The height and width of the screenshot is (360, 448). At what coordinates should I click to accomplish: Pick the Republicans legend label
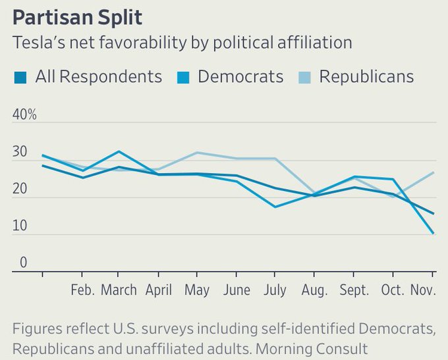tap(366, 77)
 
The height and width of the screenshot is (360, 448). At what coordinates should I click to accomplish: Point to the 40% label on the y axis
tap(24, 115)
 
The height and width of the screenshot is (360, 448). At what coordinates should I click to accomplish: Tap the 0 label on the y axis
tap(23, 263)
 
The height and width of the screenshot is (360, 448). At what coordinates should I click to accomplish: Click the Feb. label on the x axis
tap(83, 290)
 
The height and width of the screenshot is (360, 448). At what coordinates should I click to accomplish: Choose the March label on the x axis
tap(119, 290)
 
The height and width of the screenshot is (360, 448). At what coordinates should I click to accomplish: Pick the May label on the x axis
tap(196, 290)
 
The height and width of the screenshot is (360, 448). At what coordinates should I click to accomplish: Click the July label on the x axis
tap(275, 290)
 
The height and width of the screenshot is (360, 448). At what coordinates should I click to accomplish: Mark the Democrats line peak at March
tap(119, 151)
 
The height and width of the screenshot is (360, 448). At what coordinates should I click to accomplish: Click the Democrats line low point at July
tap(275, 207)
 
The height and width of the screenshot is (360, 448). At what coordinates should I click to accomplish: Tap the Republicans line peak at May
tap(196, 153)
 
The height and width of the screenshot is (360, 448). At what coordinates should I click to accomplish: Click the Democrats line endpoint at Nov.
tap(433, 233)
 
